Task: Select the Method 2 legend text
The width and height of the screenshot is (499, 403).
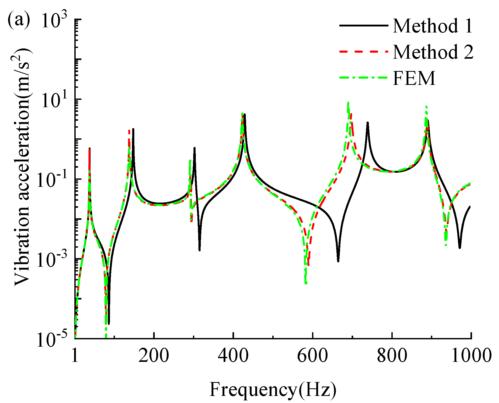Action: (433, 52)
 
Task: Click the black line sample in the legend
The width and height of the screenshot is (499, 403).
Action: (363, 25)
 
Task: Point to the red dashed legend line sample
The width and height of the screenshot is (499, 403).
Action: (363, 52)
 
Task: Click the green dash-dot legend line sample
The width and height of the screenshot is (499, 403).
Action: (363, 78)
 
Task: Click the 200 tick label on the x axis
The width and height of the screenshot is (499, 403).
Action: (154, 356)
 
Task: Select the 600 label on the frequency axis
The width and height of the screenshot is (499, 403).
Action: (312, 356)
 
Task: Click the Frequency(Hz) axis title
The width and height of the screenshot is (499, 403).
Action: (273, 390)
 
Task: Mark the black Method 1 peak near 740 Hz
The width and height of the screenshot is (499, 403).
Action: (368, 123)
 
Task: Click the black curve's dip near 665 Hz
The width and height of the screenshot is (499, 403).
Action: (338, 261)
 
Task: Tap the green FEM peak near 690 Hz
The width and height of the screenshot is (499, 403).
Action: (348, 103)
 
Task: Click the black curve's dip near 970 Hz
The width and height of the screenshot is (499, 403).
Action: (460, 248)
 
